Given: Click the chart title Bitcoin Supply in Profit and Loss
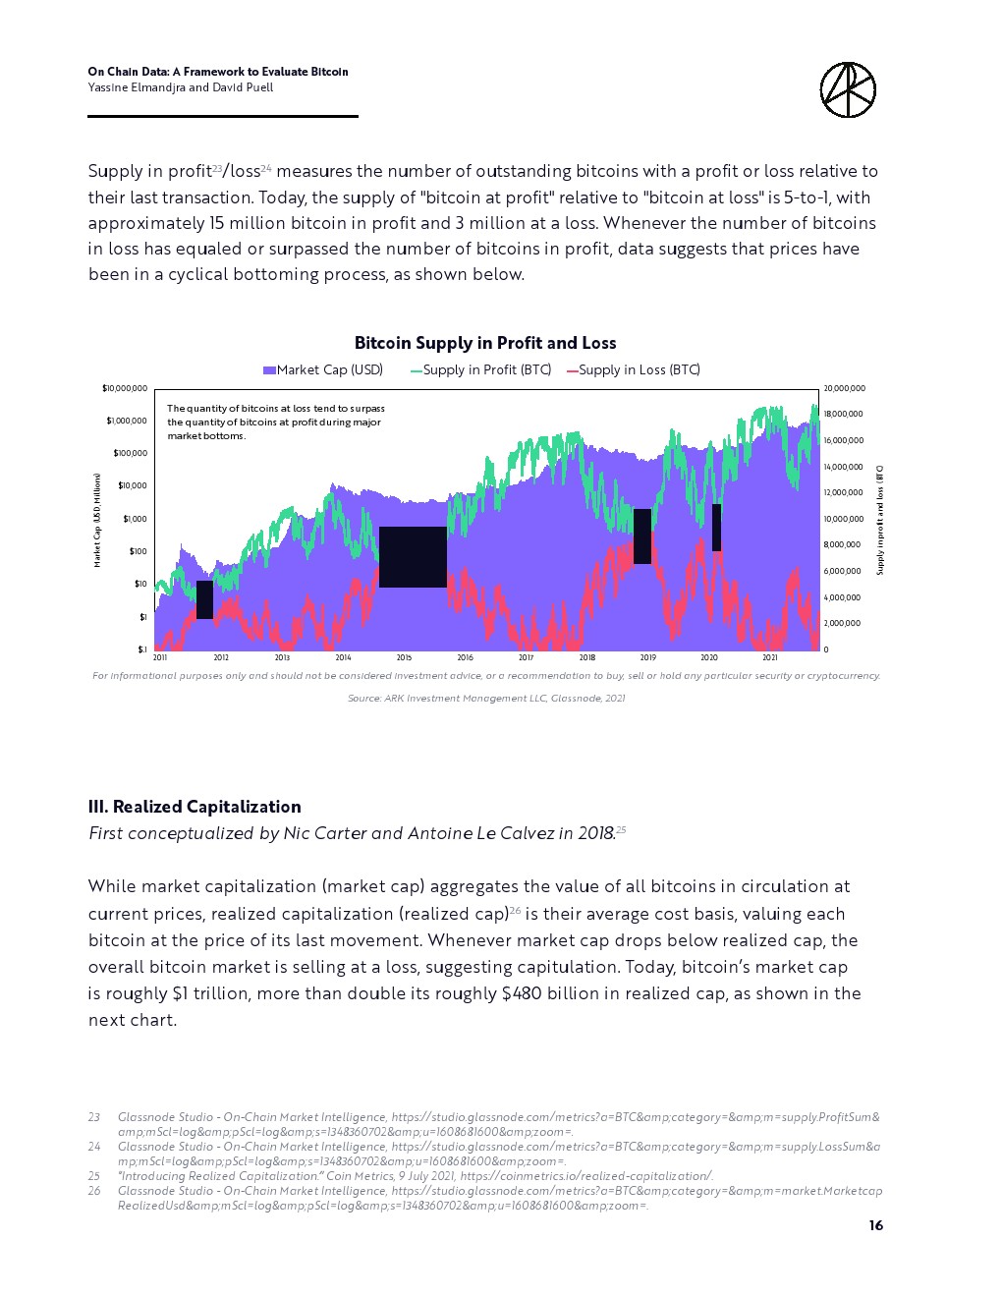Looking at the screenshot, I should pos(485,343).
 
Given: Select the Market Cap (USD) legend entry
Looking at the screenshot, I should pos(323,370).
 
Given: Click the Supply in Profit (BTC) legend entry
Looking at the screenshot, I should pos(481,370).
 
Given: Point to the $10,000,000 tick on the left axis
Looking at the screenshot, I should pos(125,388).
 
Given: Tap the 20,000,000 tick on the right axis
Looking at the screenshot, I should pos(844,388).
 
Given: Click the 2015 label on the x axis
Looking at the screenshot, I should pos(404,657).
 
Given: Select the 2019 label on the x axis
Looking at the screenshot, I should pos(647,657).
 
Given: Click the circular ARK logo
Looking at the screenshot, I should pos(848,90).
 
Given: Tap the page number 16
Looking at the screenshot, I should pos(876,1225).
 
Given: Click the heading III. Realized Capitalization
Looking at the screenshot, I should pos(195,807).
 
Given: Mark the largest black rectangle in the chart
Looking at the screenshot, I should pos(413,557).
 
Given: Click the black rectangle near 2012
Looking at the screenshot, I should pos(204,599).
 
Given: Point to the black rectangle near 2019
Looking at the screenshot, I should pos(642,536).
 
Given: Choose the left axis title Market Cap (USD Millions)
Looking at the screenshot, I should pos(97,520).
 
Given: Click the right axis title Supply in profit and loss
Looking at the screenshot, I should pos(880,520).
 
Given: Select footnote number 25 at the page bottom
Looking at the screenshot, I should pos(94,1176).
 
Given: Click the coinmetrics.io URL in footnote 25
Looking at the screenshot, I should pos(586,1176).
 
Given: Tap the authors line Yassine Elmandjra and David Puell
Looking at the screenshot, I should pos(181,87).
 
